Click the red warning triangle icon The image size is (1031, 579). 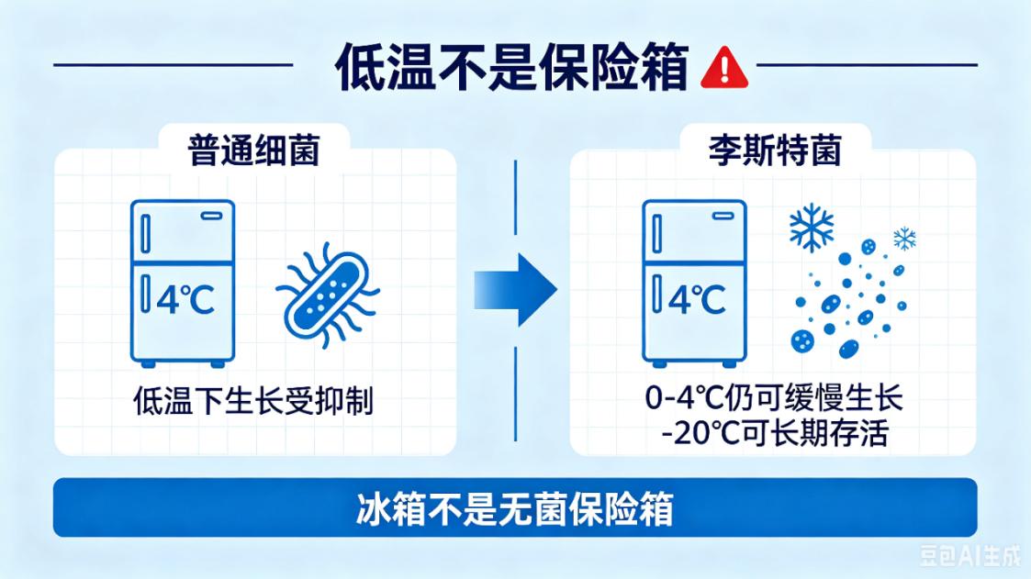coord(724,68)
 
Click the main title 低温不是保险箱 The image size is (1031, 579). coord(511,67)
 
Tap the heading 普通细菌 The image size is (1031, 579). coord(253,150)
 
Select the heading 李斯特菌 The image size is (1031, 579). coord(775,150)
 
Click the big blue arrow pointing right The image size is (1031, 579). coord(516,290)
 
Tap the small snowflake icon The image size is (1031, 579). coord(904,239)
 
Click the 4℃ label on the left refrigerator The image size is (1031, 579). coord(185,300)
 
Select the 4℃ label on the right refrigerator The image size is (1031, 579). coord(697,300)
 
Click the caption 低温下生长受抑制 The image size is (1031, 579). coord(253,400)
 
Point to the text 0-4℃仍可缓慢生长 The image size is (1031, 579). coord(774,397)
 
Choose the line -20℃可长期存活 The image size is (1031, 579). coord(775,433)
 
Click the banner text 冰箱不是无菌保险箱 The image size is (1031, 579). coord(515,508)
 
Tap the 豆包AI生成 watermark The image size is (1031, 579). coord(969,556)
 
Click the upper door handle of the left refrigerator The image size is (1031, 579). coord(146,234)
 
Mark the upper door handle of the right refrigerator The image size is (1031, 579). coord(656,234)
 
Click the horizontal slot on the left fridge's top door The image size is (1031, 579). coord(212,216)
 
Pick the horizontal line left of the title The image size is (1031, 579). coord(173,65)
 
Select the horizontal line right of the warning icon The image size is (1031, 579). coord(867,65)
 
